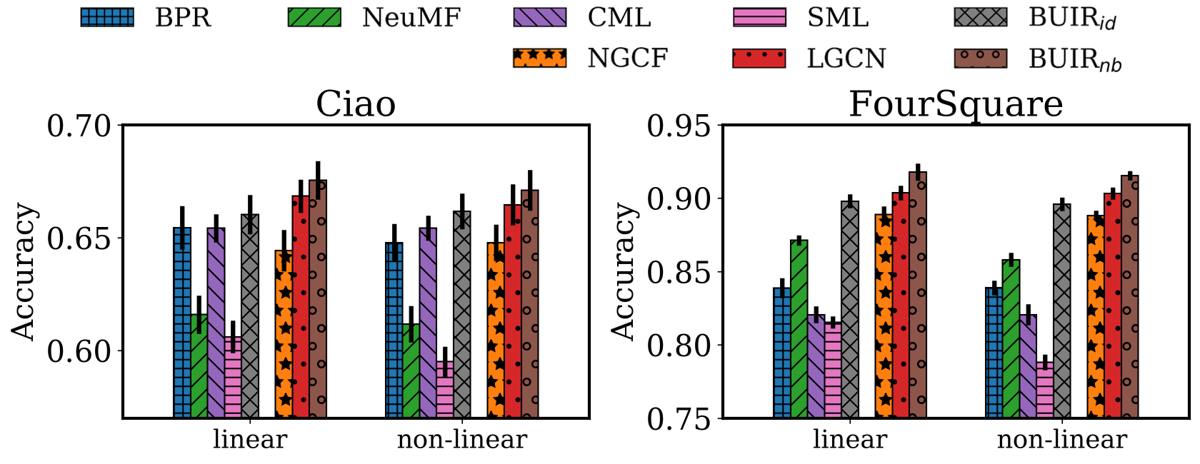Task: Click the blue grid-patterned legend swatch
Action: tap(107, 17)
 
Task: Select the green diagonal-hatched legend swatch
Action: tap(314, 17)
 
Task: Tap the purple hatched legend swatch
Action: tap(540, 17)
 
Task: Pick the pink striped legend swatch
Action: tap(759, 17)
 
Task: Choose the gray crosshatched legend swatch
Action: tap(981, 17)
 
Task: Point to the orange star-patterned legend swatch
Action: tap(540, 58)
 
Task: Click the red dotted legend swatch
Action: tap(759, 58)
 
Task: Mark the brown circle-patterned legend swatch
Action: tap(981, 58)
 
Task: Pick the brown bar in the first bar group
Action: tap(318, 300)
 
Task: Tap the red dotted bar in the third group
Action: tap(901, 307)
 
